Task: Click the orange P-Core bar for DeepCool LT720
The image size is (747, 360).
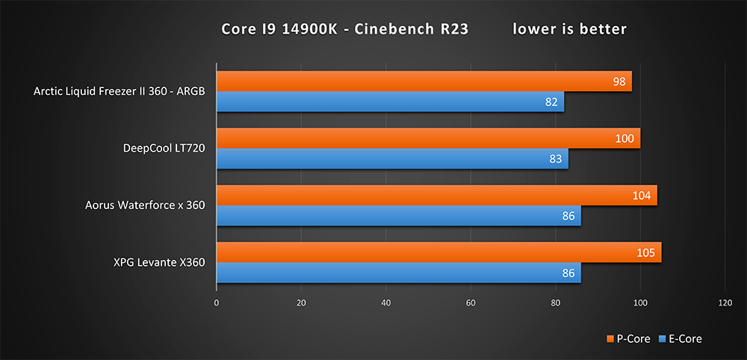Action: [x=426, y=138]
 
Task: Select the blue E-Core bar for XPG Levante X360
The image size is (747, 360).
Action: [x=396, y=273]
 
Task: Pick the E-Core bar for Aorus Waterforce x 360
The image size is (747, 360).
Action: [x=396, y=216]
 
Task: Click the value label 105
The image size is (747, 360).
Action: [x=646, y=253]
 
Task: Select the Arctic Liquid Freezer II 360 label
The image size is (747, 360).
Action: [x=120, y=92]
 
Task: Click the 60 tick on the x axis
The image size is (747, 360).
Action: [x=471, y=303]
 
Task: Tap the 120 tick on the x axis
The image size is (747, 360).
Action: [x=725, y=303]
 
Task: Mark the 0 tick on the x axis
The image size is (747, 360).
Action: [x=217, y=303]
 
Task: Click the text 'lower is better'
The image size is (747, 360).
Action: [x=569, y=29]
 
